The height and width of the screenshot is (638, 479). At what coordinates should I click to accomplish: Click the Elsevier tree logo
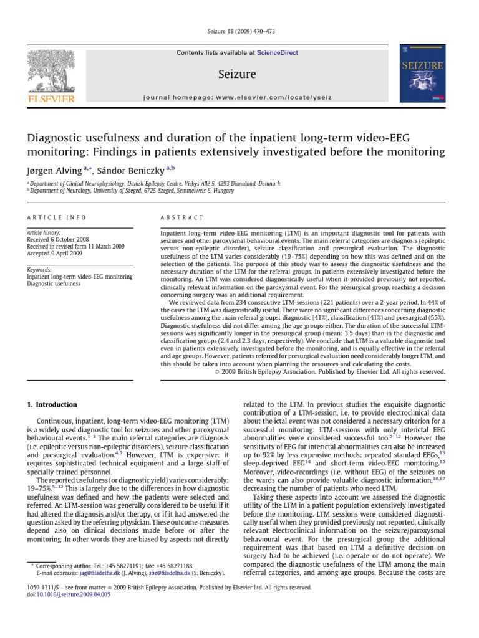(x=49, y=74)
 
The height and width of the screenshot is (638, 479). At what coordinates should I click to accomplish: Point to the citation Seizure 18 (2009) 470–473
(x=239, y=32)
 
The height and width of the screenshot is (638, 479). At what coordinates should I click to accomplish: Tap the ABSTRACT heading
(x=182, y=217)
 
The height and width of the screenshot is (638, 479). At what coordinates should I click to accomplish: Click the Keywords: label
(x=39, y=269)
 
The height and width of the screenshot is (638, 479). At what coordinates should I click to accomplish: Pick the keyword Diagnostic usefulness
(x=53, y=283)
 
